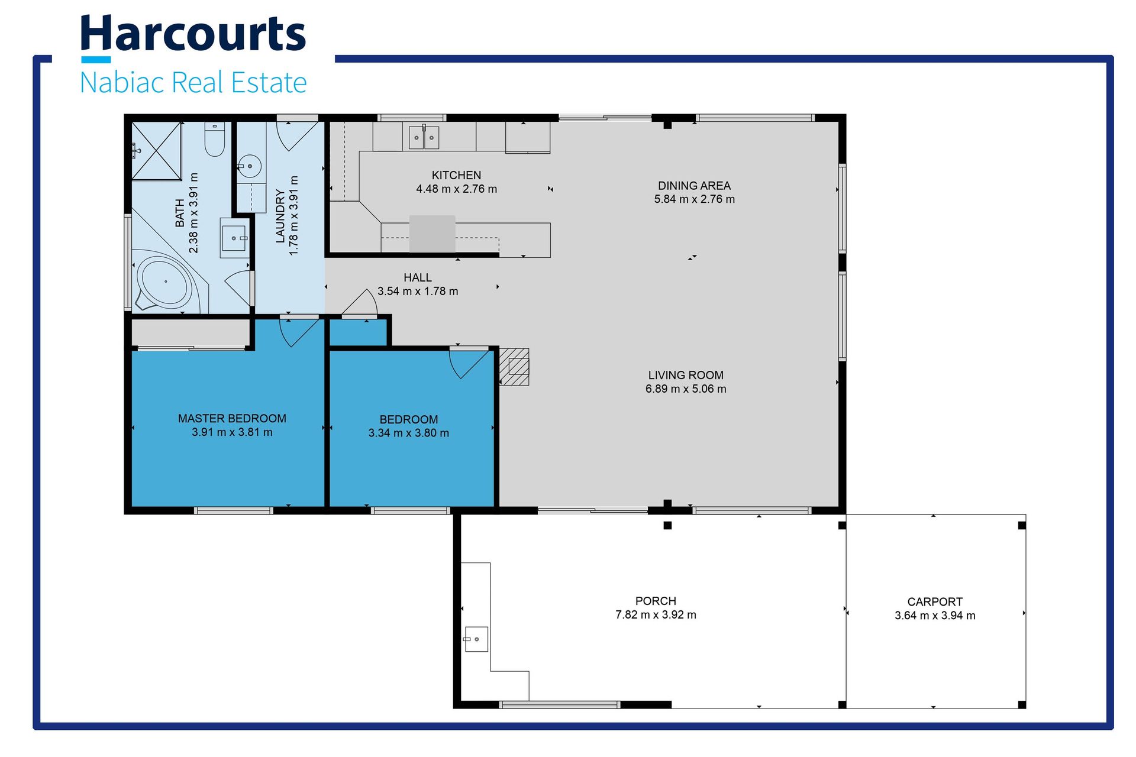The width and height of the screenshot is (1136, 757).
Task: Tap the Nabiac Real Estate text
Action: [193, 82]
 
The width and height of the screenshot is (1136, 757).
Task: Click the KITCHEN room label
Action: [456, 175]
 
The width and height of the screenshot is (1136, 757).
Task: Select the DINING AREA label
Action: [694, 186]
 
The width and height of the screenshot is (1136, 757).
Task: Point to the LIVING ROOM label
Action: [686, 375]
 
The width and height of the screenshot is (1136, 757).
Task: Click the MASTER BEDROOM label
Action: [232, 418]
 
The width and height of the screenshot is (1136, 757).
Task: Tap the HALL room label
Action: [418, 277]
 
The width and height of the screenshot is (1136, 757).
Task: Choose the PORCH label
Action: [656, 601]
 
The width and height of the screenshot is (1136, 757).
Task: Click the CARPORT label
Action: [935, 601]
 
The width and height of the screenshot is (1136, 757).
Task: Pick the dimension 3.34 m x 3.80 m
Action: [409, 433]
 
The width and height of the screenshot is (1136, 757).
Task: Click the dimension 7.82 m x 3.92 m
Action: [656, 614]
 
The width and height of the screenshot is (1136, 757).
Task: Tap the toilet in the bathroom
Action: [215, 139]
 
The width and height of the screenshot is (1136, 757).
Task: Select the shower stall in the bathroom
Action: [156, 151]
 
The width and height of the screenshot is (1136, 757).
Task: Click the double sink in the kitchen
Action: [424, 137]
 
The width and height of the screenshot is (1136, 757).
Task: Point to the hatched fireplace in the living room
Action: [514, 367]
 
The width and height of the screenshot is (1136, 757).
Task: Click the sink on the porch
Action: [476, 639]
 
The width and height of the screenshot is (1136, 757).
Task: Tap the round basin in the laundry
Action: [250, 167]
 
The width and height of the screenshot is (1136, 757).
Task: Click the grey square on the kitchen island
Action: [433, 234]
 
